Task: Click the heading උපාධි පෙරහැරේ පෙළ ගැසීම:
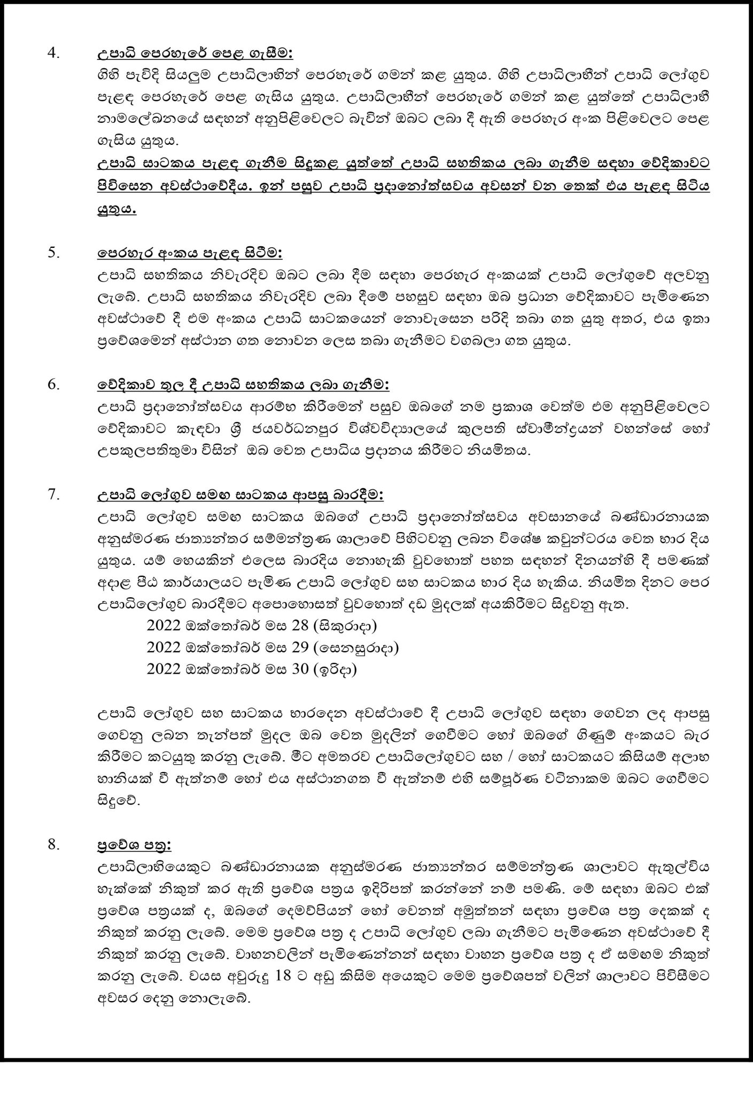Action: coord(195,54)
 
